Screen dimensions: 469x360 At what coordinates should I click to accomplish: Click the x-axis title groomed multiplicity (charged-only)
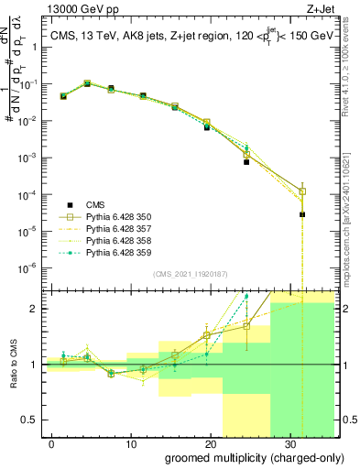pyautogui.click(x=242, y=458)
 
